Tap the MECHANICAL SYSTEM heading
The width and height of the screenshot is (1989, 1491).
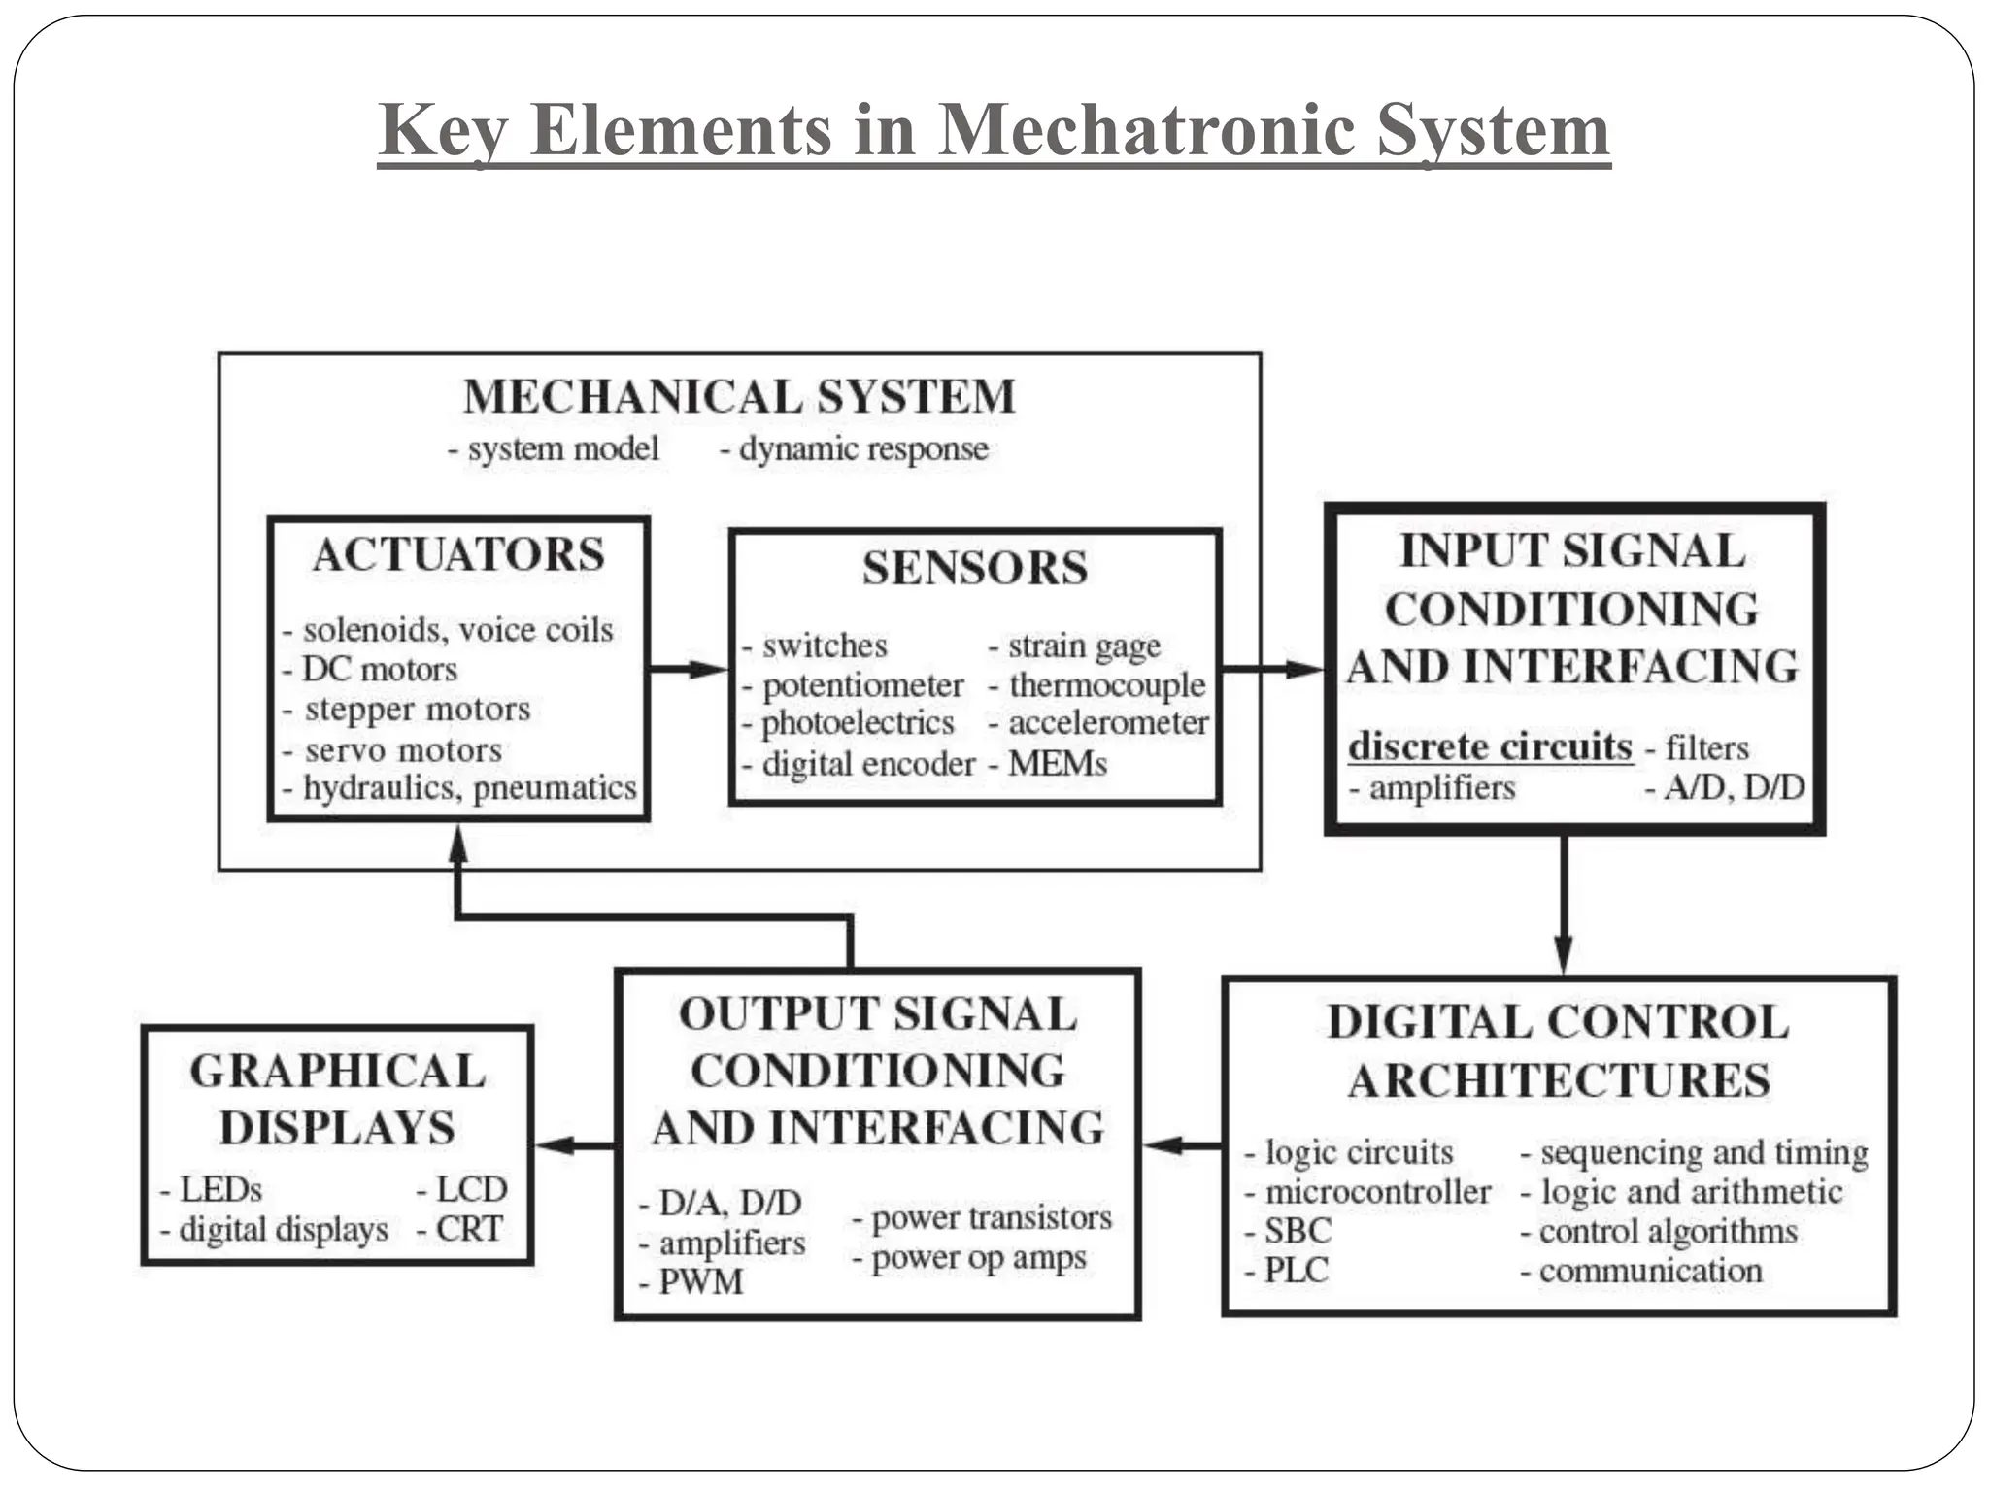[739, 397]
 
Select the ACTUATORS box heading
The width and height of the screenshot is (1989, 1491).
[458, 555]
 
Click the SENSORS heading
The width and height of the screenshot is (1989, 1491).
[974, 569]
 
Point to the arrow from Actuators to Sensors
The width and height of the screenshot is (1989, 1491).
[690, 669]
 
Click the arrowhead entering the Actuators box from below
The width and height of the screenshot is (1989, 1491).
[458, 846]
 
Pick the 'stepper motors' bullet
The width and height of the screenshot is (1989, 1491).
[417, 710]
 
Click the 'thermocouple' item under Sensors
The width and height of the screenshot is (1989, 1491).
[1106, 685]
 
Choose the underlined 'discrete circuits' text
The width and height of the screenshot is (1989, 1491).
[1490, 746]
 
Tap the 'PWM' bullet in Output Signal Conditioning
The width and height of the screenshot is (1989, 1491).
[700, 1282]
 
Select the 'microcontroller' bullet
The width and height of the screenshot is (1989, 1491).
[1376, 1192]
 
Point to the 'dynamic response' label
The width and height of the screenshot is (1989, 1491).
[862, 449]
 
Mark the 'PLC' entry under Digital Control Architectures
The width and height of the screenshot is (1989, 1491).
[1296, 1271]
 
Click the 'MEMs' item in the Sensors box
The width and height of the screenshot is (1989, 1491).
[1057, 764]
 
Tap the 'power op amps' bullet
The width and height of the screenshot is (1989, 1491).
[978, 1259]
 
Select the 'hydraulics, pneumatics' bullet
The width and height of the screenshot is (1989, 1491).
[469, 788]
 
